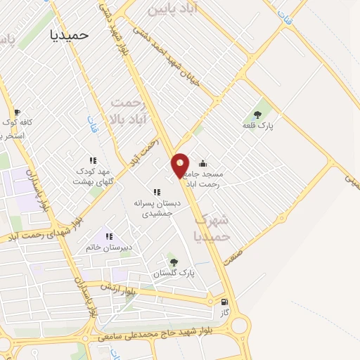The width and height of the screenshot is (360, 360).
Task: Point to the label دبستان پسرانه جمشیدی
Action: [x=157, y=207]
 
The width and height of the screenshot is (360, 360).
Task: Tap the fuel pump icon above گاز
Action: [x=224, y=301]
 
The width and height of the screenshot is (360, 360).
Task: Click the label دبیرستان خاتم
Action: [x=109, y=247]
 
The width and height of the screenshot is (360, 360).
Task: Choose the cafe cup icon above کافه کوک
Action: [x=17, y=112]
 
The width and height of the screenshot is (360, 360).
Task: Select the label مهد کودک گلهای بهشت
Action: [x=93, y=176]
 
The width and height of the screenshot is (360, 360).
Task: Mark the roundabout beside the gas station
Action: [x=239, y=326]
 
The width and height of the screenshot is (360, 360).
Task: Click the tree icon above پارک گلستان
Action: [x=174, y=262]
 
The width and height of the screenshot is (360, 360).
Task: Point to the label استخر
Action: [x=14, y=134]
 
